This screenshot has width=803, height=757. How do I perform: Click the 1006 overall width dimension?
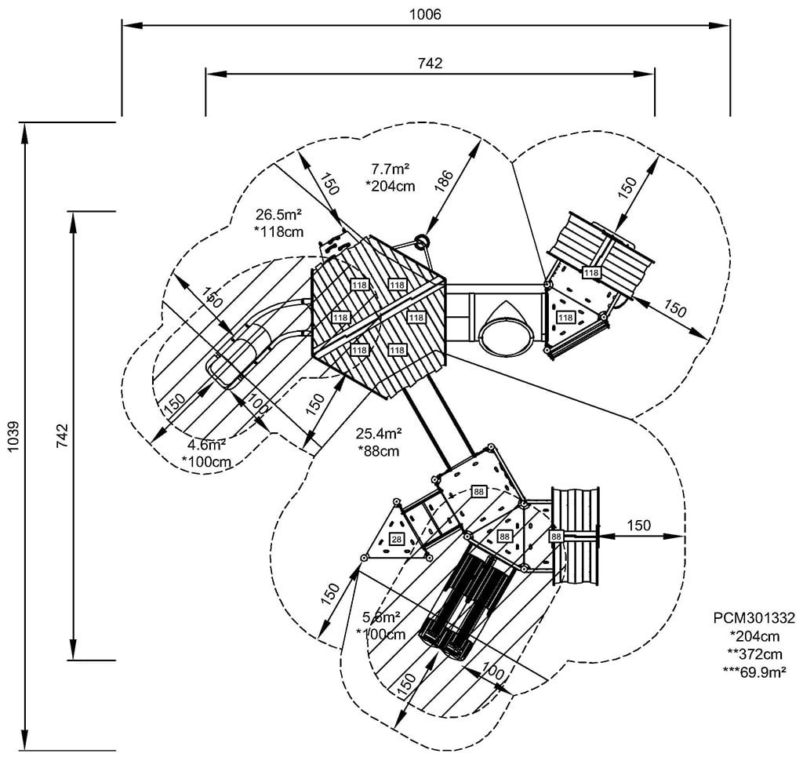pyautogui.click(x=425, y=14)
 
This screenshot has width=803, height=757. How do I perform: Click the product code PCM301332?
pyautogui.click(x=754, y=617)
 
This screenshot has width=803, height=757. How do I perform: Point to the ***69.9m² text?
pyautogui.click(x=754, y=671)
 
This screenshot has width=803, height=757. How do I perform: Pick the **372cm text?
pyautogui.click(x=754, y=653)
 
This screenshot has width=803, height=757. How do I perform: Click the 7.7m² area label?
pyautogui.click(x=392, y=168)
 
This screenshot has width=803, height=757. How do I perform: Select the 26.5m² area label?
pyautogui.click(x=279, y=213)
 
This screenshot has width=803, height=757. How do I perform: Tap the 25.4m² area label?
pyautogui.click(x=379, y=433)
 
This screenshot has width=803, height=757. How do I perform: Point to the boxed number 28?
pyautogui.click(x=396, y=538)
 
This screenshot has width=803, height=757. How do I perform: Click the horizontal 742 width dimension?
pyautogui.click(x=430, y=64)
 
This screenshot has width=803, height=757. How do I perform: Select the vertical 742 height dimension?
pyautogui.click(x=63, y=433)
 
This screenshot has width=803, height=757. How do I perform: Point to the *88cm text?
pyautogui.click(x=379, y=451)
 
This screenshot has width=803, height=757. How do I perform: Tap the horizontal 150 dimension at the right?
pyautogui.click(x=638, y=525)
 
